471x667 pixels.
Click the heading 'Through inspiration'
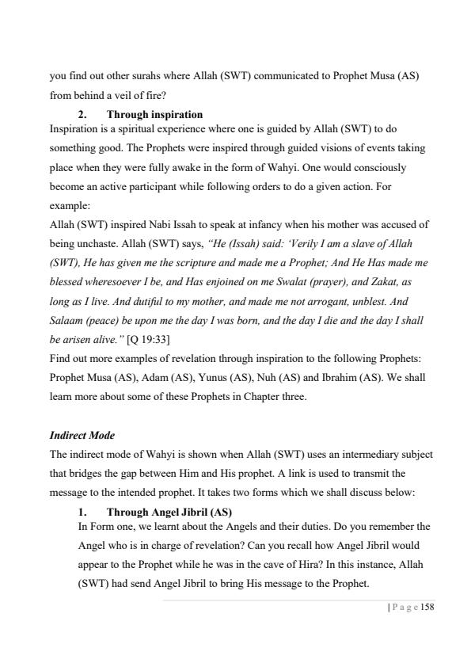coord(154,115)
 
